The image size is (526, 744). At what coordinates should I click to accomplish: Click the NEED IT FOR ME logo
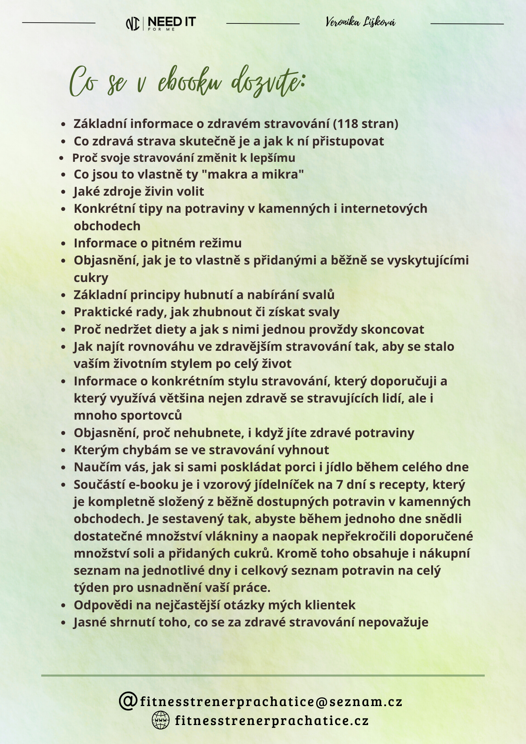pyautogui.click(x=161, y=23)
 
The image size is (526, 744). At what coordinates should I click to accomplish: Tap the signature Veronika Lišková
pyautogui.click(x=360, y=22)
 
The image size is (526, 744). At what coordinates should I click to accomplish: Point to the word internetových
pyautogui.click(x=384, y=209)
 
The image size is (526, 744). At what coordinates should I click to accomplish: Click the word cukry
pyautogui.click(x=91, y=278)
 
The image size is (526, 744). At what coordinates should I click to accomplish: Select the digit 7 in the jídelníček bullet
pyautogui.click(x=339, y=485)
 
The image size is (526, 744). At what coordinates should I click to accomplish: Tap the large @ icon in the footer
pyautogui.click(x=128, y=701)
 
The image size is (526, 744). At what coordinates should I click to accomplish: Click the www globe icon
pyautogui.click(x=161, y=720)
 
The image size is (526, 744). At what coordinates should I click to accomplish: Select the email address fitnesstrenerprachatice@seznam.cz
pyautogui.click(x=271, y=702)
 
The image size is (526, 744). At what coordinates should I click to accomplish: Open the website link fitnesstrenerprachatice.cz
pyautogui.click(x=272, y=721)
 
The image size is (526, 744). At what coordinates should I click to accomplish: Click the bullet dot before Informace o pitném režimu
pyautogui.click(x=64, y=244)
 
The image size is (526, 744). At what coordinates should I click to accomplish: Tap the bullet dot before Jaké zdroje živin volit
pyautogui.click(x=64, y=192)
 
